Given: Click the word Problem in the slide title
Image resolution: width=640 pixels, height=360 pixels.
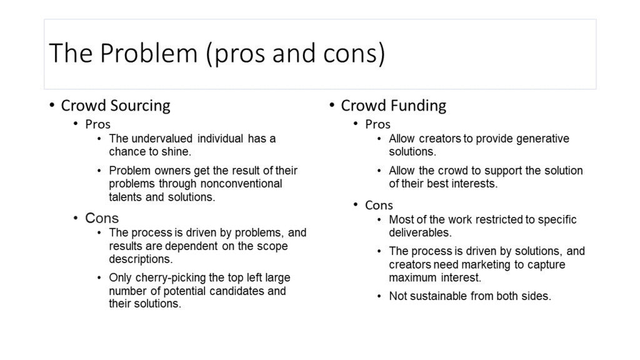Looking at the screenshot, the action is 149,53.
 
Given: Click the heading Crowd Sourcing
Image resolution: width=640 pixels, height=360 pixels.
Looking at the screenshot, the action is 116,106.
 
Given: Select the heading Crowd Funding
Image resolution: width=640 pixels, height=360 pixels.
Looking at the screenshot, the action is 394,106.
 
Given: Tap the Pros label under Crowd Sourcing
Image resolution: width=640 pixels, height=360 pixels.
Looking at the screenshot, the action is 97,124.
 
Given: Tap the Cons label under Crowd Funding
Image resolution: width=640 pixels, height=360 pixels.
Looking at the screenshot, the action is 379,205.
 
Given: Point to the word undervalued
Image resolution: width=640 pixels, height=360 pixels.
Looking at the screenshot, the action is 162,139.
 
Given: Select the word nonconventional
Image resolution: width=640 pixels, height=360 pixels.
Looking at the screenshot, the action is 241,184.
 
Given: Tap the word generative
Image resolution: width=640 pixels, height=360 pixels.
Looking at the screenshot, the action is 542,139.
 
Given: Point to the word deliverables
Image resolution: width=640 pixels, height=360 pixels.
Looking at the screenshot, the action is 419,232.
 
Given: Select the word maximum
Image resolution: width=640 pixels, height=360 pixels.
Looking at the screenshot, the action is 412,277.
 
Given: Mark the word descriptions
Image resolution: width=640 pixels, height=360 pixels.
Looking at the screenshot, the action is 141,259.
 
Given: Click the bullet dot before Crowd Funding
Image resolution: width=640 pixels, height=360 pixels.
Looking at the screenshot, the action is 332,105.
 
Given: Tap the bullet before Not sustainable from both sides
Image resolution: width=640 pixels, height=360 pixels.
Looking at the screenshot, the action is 379,296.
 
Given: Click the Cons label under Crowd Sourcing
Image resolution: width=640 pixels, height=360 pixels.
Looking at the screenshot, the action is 102,218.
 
